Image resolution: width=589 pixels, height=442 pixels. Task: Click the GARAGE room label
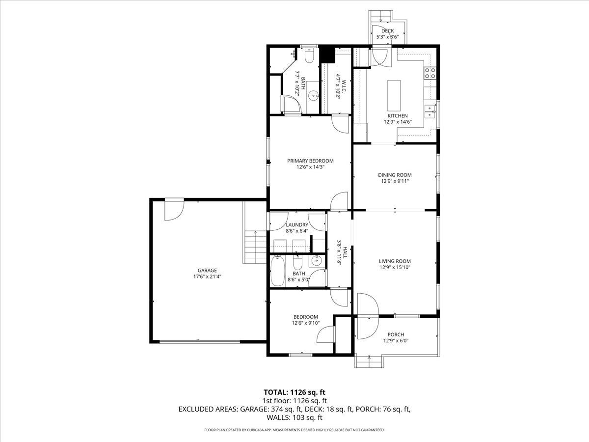coord(207,270)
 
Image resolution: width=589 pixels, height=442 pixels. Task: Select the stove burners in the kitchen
coord(430,73)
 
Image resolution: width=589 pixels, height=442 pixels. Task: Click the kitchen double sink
coord(430,111)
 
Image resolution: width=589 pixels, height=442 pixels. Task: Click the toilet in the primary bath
coord(309,56)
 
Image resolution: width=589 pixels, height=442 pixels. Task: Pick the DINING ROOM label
coord(395,175)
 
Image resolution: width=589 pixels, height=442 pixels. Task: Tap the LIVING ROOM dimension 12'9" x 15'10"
coord(395,268)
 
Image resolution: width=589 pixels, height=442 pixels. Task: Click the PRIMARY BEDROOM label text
coord(310,161)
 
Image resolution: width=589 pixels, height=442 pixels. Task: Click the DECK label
coord(387,31)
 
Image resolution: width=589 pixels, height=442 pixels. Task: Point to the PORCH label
coord(396,334)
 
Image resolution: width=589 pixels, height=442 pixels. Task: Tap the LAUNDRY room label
coord(296,225)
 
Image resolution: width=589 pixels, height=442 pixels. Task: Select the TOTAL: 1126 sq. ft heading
coord(294,392)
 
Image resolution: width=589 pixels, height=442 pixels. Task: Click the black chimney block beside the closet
coord(326,55)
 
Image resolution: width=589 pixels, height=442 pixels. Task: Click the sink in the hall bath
coord(317,261)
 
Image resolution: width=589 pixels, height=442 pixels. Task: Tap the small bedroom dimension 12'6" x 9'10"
coord(305,323)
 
